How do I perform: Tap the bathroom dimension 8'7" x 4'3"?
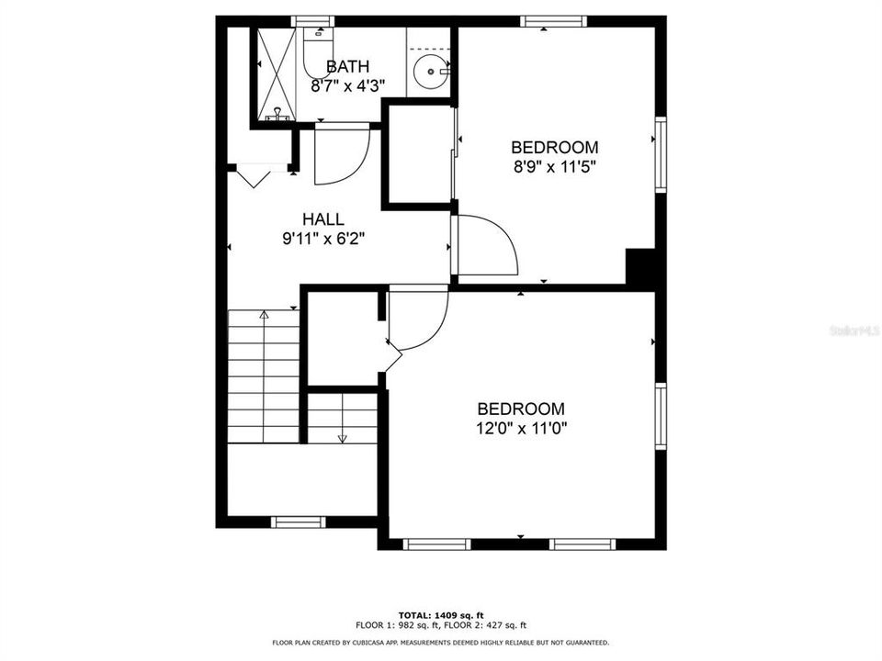click(x=347, y=85)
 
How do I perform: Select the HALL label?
click(x=323, y=219)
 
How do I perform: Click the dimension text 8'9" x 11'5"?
click(x=554, y=167)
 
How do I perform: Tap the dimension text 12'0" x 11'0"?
click(x=520, y=429)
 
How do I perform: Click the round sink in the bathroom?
click(x=429, y=72)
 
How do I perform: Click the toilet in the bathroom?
click(x=317, y=55)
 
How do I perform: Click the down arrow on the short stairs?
click(x=342, y=435)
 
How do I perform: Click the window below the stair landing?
click(x=299, y=521)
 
